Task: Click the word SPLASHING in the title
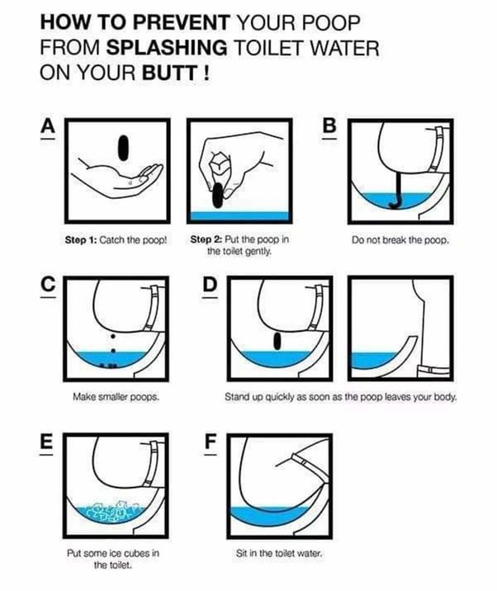tap(167, 48)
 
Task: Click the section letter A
tap(48, 126)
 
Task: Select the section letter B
tap(329, 126)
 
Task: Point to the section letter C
tap(48, 284)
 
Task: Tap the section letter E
tap(46, 442)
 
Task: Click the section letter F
tap(211, 442)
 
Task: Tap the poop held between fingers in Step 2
tap(218, 196)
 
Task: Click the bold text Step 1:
tap(81, 239)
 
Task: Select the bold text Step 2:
tap(206, 239)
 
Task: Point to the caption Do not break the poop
tap(400, 239)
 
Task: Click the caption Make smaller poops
tap(116, 397)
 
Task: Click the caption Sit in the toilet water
tap(279, 553)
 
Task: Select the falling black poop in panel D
tap(277, 341)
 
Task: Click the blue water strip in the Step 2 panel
tap(239, 216)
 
